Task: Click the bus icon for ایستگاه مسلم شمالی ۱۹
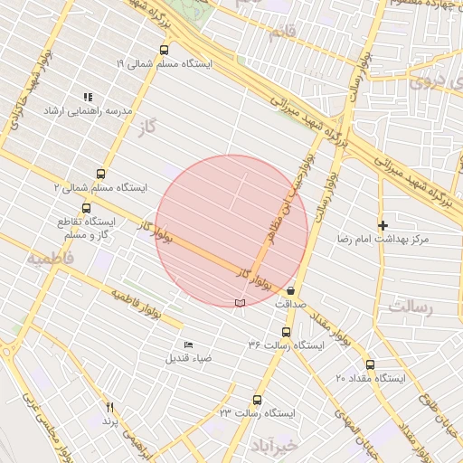tap(164, 51)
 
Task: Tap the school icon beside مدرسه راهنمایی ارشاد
tap(88, 97)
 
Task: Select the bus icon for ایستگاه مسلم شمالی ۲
tap(99, 175)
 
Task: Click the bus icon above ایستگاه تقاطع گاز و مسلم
tap(86, 209)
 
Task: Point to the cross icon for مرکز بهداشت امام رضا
tap(383, 225)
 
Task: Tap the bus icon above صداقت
tap(290, 291)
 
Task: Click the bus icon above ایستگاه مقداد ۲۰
tap(370, 364)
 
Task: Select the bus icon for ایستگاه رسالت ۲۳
tap(257, 400)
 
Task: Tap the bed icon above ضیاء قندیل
tap(188, 345)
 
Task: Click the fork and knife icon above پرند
tap(109, 408)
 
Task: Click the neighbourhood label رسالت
tap(411, 307)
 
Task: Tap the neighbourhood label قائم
tap(282, 35)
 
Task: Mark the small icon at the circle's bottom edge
tap(239, 302)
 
